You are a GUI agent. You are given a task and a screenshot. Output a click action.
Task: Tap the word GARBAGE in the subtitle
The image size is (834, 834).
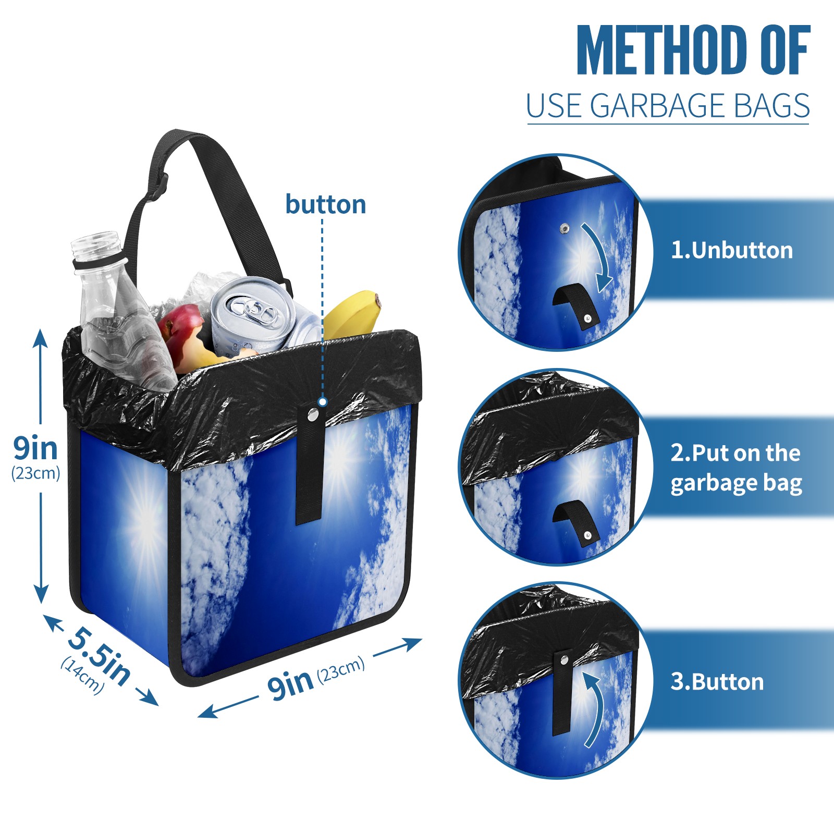click(x=658, y=106)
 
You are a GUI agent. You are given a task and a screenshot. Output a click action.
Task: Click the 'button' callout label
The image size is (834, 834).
click(x=326, y=204)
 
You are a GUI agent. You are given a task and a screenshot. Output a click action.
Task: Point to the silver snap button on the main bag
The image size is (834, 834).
click(x=313, y=415)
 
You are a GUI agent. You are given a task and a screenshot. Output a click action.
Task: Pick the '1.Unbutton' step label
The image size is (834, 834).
click(x=732, y=251)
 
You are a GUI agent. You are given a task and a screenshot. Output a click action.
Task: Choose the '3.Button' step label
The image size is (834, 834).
click(x=717, y=682)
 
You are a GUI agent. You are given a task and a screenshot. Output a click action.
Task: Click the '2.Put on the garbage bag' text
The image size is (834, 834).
click(x=736, y=468)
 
